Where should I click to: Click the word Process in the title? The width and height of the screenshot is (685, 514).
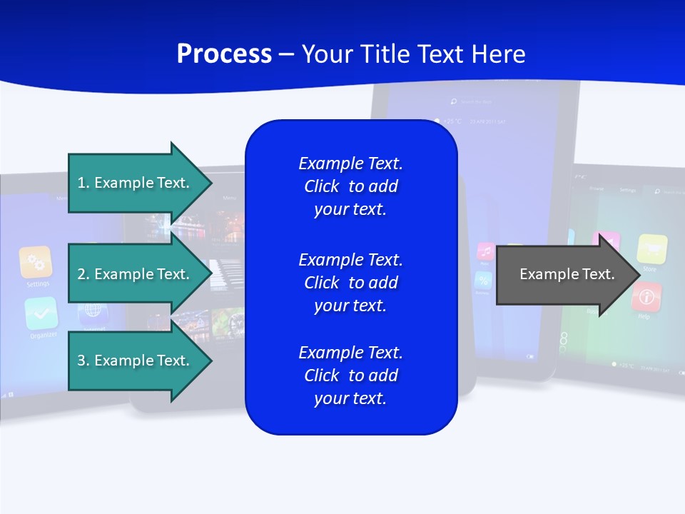click(224, 54)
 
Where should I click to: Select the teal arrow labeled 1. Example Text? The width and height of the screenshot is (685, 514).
click(136, 183)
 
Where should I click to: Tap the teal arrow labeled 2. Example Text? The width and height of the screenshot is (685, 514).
click(136, 274)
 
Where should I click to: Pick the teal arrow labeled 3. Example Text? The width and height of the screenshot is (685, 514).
click(136, 361)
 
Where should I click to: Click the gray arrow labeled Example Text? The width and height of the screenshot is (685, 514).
click(564, 274)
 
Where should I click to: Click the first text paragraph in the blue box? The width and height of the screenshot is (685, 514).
click(350, 186)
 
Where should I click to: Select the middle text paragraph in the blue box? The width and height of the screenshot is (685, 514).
click(350, 283)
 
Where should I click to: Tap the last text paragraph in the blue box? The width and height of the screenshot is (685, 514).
click(350, 376)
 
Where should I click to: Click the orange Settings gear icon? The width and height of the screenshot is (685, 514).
click(36, 262)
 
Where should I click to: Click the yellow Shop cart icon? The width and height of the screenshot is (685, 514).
click(651, 249)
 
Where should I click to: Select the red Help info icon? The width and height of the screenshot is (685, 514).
click(646, 296)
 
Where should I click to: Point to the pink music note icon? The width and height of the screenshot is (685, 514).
click(485, 252)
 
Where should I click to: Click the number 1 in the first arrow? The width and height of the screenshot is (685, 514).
click(81, 183)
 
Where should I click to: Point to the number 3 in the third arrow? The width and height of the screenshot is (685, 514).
click(81, 361)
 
